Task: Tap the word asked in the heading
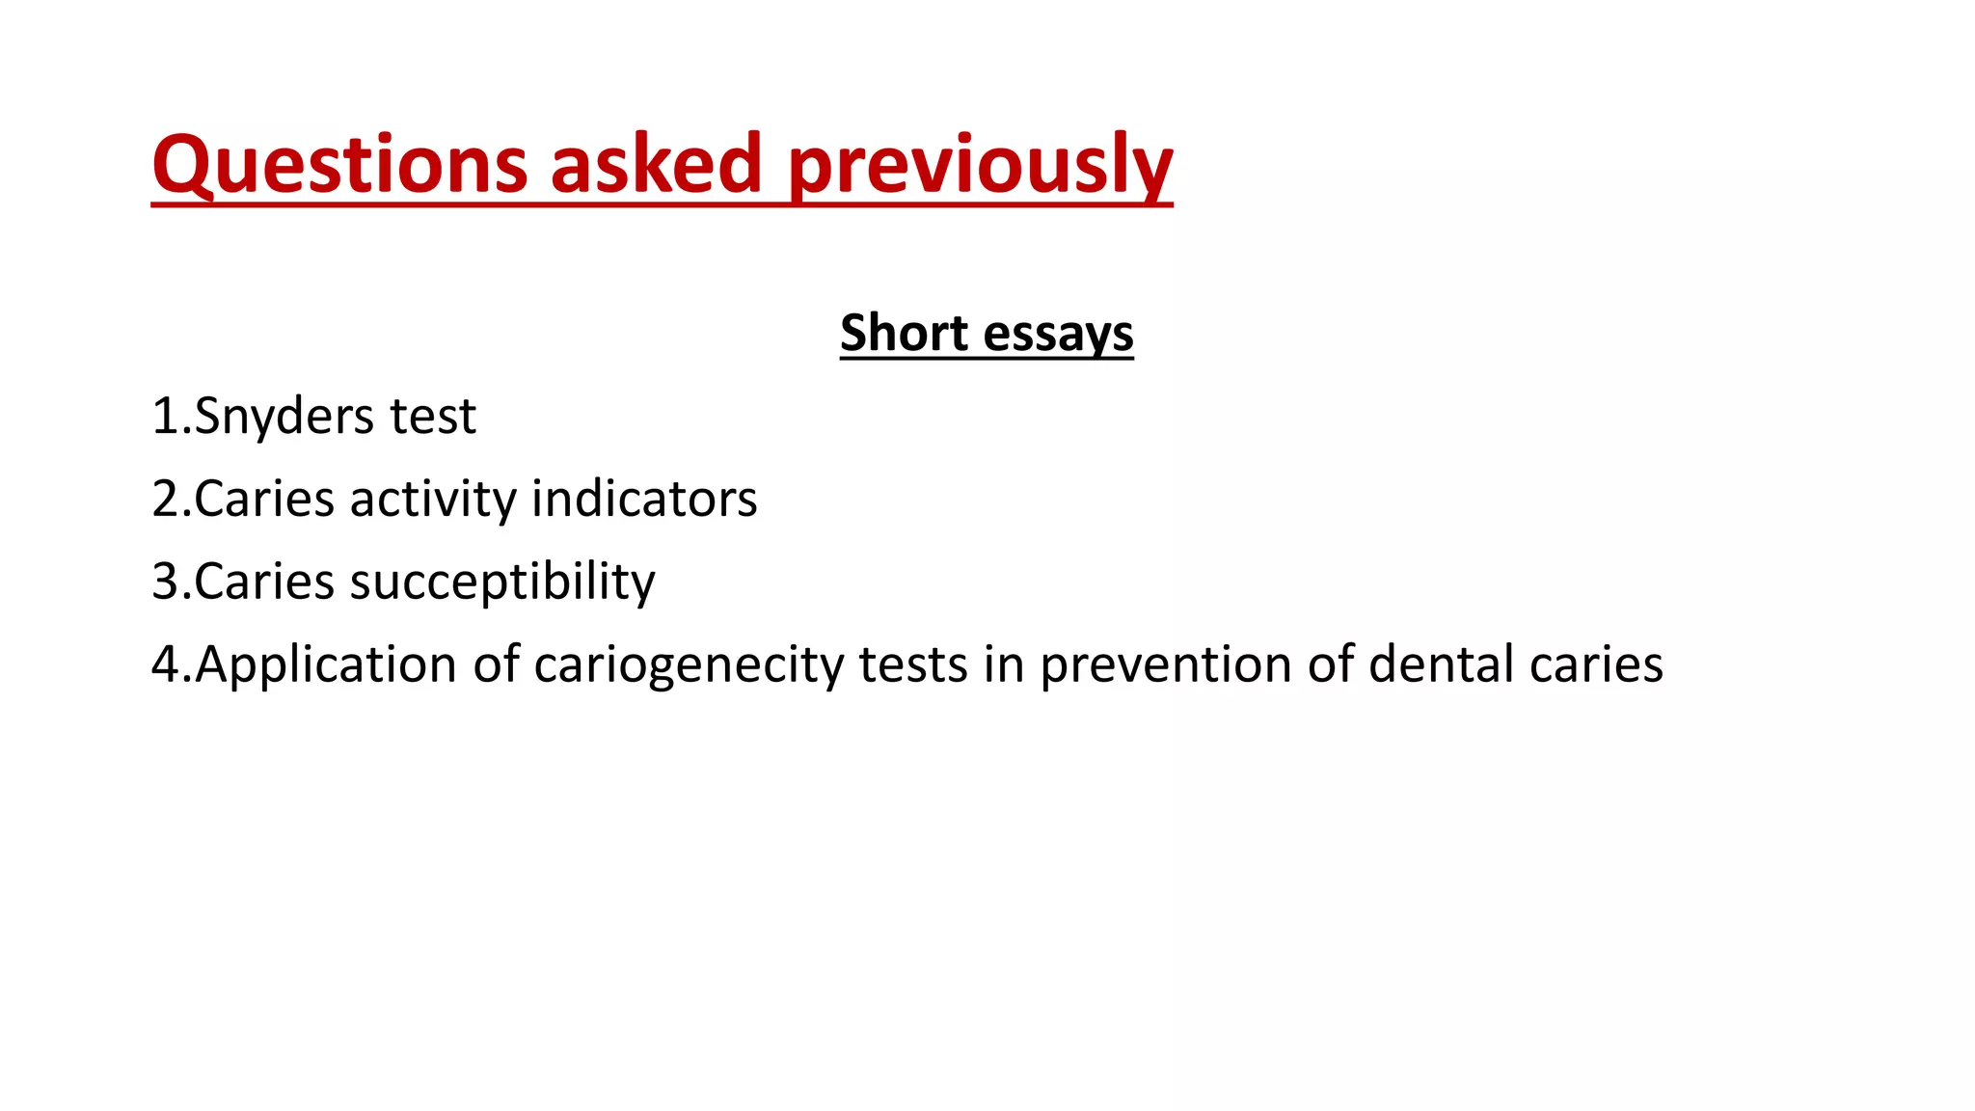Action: coord(657,164)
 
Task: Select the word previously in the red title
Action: coord(980,166)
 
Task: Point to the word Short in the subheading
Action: coord(903,333)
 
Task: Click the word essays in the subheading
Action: coord(1059,335)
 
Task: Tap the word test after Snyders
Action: coord(433,417)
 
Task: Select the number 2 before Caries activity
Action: coord(165,500)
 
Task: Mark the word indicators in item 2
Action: coord(644,500)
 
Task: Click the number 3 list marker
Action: coord(165,583)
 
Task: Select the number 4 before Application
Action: coord(165,665)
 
